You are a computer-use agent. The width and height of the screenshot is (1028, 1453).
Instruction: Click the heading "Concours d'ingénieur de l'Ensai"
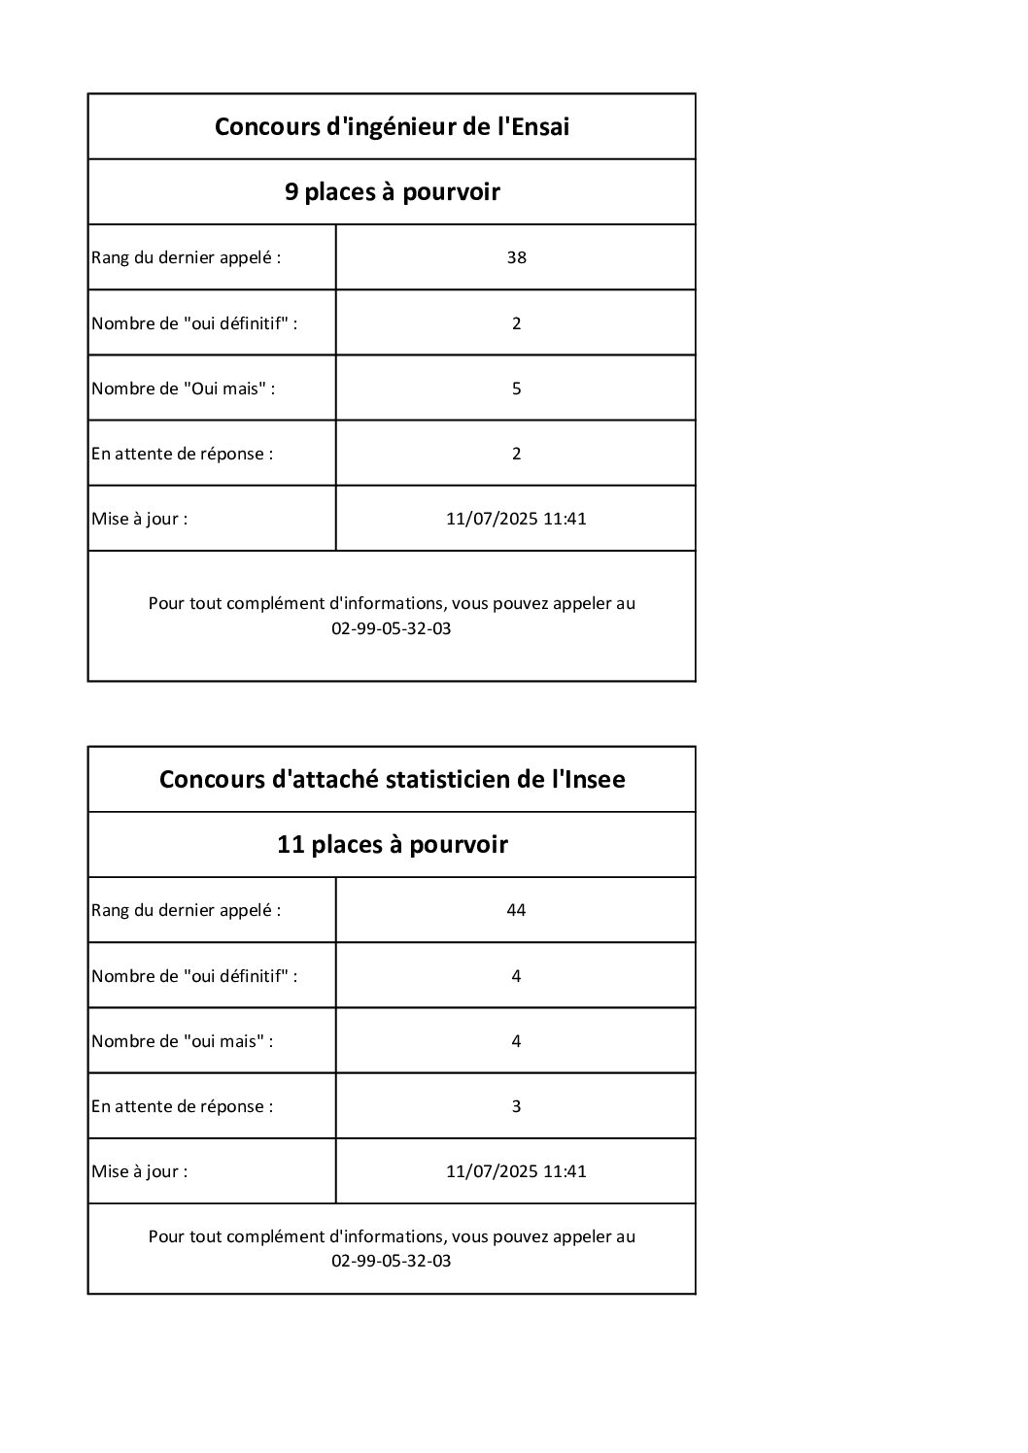(392, 126)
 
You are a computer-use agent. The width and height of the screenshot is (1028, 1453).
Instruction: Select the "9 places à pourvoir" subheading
(392, 191)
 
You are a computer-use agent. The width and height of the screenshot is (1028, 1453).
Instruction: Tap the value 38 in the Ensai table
(516, 257)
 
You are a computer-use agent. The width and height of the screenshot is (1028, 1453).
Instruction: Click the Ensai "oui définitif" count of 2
(516, 323)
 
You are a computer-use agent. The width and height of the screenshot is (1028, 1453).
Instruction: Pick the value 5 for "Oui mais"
(516, 389)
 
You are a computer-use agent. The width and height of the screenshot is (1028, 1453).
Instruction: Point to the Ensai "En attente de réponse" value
(516, 454)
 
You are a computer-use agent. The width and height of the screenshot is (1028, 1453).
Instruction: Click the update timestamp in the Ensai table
(516, 519)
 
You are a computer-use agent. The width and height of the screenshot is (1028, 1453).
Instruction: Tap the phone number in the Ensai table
(392, 628)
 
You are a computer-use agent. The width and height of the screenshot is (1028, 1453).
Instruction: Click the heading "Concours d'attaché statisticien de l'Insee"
(392, 779)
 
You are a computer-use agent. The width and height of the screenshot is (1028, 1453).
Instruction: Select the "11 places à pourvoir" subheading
(392, 844)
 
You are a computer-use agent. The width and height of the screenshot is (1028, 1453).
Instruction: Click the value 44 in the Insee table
(516, 910)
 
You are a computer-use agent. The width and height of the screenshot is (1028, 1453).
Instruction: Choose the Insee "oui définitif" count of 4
(516, 976)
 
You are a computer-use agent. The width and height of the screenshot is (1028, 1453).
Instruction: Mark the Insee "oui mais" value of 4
(516, 1041)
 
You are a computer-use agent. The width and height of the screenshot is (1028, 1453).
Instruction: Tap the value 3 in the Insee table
(516, 1106)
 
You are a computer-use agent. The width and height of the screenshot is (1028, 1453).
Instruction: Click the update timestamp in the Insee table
(516, 1171)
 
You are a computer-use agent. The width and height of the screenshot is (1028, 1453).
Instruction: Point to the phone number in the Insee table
(392, 1262)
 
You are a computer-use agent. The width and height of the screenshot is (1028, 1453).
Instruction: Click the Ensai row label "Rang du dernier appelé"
(186, 257)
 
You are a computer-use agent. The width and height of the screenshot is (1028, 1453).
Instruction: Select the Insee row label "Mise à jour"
(139, 1171)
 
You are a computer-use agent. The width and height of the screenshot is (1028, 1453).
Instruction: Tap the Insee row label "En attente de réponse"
(182, 1106)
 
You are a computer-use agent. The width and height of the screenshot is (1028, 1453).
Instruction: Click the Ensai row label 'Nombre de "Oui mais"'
(183, 389)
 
